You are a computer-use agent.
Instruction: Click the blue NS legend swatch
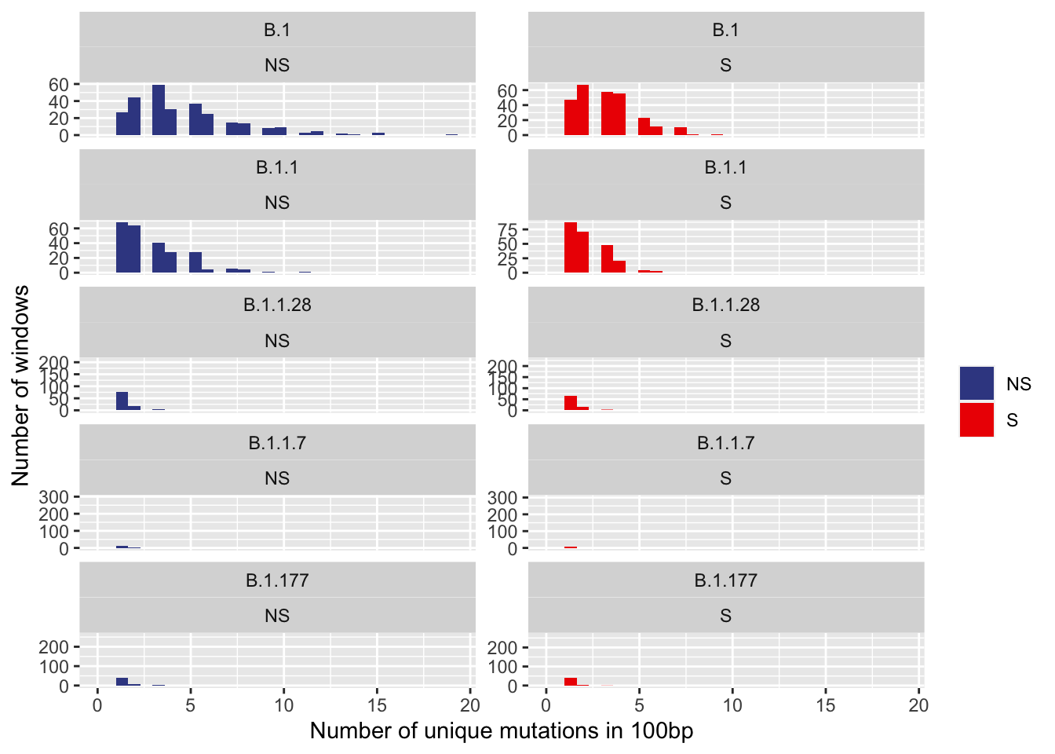(977, 383)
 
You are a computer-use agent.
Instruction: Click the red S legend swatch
(977, 419)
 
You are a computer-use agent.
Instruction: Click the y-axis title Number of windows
(21, 385)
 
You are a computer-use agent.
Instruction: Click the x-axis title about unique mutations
(501, 731)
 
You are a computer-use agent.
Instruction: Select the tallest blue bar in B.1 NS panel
(159, 110)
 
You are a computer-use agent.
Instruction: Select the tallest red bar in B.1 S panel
(582, 110)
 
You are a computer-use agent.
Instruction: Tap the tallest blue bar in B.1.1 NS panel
(122, 247)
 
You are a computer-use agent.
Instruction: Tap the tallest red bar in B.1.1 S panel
(571, 247)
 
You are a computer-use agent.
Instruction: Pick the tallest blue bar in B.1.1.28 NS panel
(122, 401)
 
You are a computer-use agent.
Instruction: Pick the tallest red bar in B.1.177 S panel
(571, 682)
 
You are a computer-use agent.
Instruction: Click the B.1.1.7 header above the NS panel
(277, 443)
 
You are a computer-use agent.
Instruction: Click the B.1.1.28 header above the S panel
(725, 305)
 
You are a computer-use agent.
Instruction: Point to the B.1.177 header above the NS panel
(277, 580)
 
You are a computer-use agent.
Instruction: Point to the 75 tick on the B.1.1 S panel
(508, 230)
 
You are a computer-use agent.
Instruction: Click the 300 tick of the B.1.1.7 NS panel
(59, 497)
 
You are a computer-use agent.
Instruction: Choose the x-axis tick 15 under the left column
(377, 705)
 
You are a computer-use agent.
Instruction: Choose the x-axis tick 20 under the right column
(918, 705)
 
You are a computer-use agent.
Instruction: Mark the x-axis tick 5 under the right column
(639, 705)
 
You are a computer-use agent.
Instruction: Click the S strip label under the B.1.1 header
(725, 203)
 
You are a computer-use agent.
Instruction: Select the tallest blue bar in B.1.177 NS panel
(122, 682)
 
